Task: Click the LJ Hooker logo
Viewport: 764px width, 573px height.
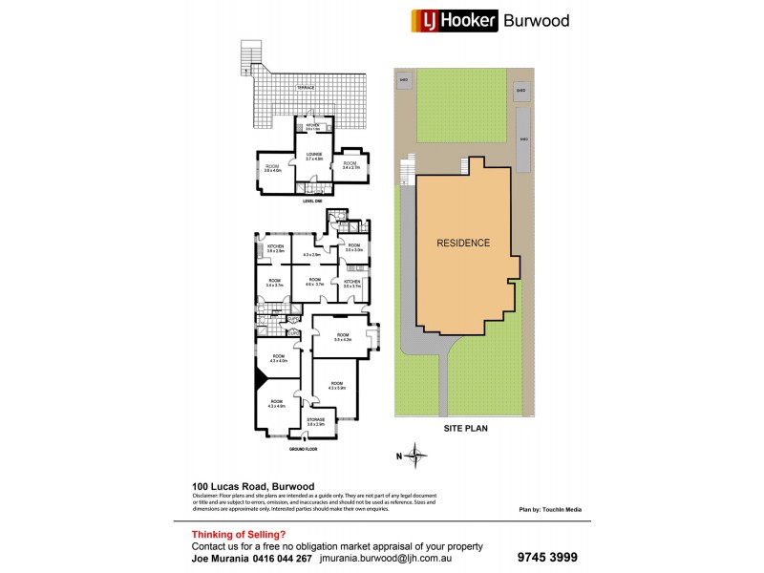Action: pyautogui.click(x=454, y=20)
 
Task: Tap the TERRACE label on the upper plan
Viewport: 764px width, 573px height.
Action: pyautogui.click(x=305, y=88)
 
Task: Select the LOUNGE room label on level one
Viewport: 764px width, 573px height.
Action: pyautogui.click(x=314, y=155)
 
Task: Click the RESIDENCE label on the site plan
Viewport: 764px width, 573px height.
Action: pyautogui.click(x=463, y=243)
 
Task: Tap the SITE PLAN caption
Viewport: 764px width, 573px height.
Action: pyautogui.click(x=465, y=430)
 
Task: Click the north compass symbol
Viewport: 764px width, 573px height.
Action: pyautogui.click(x=415, y=454)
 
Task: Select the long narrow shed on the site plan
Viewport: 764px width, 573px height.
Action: pyautogui.click(x=522, y=138)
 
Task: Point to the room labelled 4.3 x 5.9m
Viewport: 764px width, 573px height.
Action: pyautogui.click(x=336, y=385)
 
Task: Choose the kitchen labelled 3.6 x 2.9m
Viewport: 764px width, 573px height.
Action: pyautogui.click(x=275, y=249)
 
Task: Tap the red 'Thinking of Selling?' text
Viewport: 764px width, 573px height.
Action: pyautogui.click(x=239, y=534)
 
